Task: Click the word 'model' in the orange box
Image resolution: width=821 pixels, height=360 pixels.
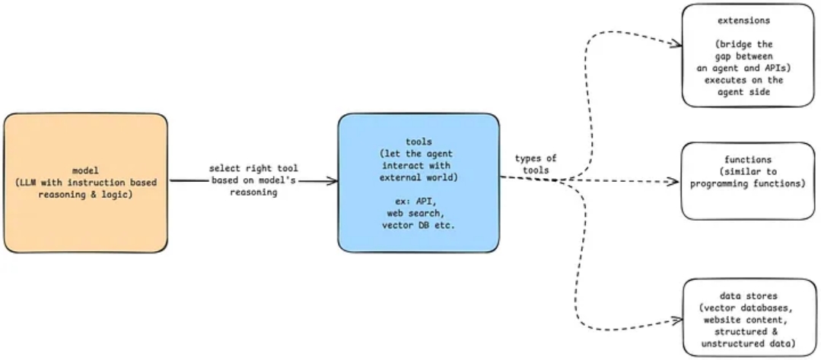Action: click(x=85, y=170)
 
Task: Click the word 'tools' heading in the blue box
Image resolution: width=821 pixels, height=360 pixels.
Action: click(x=418, y=142)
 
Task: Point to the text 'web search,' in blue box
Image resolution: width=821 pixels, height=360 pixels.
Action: click(x=418, y=214)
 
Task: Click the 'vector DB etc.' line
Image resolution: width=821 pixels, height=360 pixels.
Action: click(x=418, y=225)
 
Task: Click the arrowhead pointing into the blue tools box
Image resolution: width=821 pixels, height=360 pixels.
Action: click(x=333, y=181)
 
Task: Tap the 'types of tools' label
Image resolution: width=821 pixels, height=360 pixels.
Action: click(x=535, y=164)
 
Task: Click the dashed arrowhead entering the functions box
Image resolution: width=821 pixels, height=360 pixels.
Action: click(x=673, y=182)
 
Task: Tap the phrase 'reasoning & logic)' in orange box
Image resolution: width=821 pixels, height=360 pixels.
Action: click(x=85, y=195)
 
